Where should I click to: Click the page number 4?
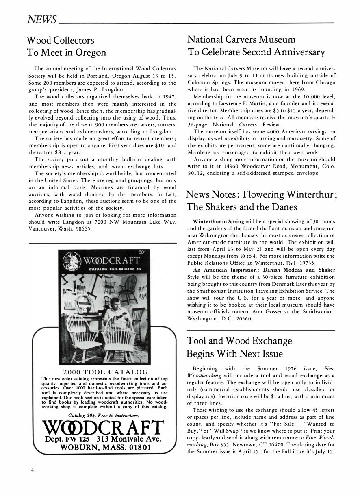click(32, 470)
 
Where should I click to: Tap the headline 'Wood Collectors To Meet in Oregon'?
click(66, 46)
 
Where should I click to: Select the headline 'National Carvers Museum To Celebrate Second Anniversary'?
click(256, 46)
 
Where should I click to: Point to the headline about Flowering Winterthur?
click(262, 200)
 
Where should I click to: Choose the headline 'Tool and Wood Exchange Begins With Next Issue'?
click(240, 346)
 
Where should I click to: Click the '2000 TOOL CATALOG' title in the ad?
click(106, 372)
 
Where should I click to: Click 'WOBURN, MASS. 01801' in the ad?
click(105, 448)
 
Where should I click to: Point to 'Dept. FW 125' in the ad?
click(67, 439)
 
